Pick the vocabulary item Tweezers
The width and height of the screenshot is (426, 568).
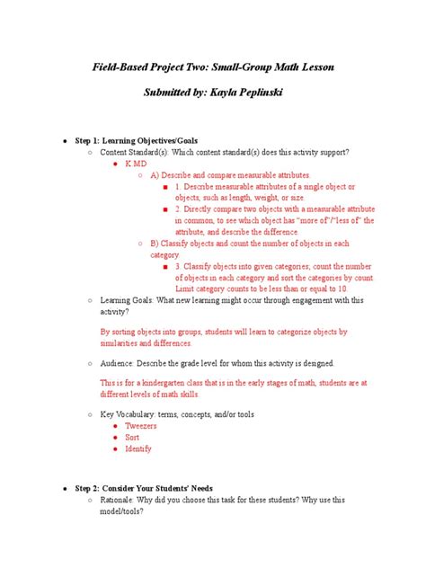click(x=140, y=424)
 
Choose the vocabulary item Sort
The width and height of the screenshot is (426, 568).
click(x=132, y=437)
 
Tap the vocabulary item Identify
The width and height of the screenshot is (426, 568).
click(x=138, y=448)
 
